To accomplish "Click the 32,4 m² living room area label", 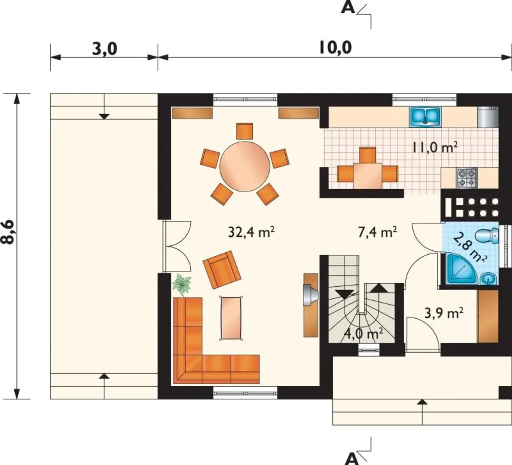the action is click(x=251, y=232).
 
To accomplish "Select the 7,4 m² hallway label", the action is click(x=378, y=232).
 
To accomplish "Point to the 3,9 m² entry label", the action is click(x=444, y=313).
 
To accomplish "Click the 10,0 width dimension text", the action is click(x=335, y=48).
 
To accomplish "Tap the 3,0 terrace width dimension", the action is click(x=105, y=49).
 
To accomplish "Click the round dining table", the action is click(x=244, y=166).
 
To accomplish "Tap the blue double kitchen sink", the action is click(x=425, y=117).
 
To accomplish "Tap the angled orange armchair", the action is click(x=222, y=269).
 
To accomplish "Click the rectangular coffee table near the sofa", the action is click(x=231, y=318).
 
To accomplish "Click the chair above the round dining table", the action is click(x=244, y=131).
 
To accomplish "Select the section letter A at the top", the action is click(x=348, y=8).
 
